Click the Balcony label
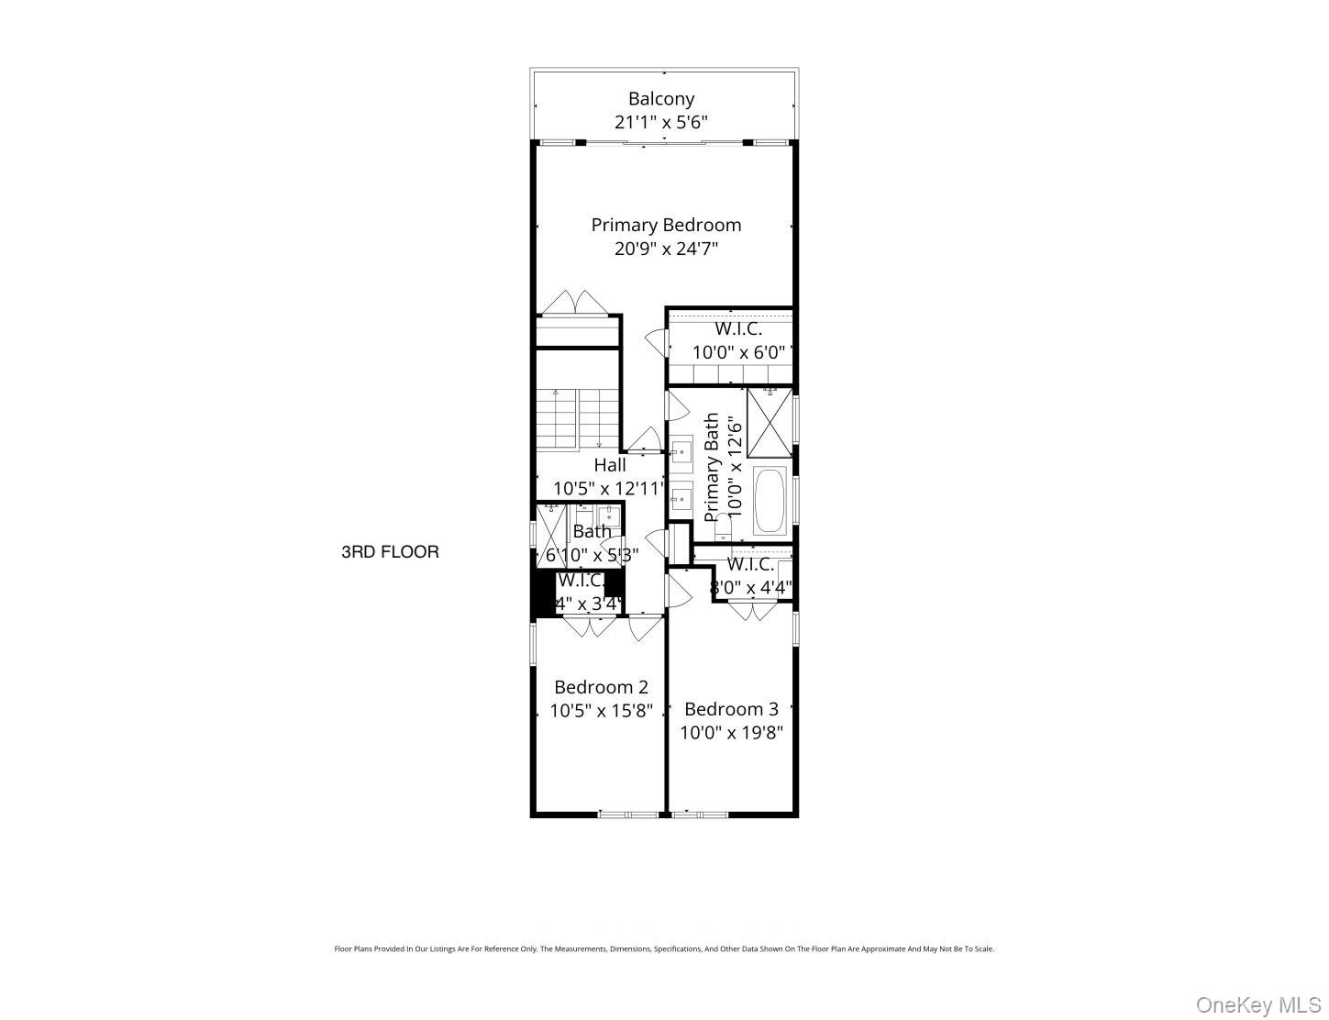(x=660, y=98)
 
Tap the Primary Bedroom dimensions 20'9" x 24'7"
(x=666, y=249)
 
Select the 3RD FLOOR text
(x=390, y=552)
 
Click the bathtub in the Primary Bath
(x=769, y=501)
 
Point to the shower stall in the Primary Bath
(x=769, y=423)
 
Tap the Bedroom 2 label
(x=601, y=687)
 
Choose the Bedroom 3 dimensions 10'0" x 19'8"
(x=731, y=733)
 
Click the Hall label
(x=610, y=465)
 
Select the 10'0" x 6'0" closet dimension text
(x=739, y=351)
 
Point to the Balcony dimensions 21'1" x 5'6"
(x=660, y=122)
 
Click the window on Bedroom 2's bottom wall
(x=628, y=814)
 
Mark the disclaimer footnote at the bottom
(x=664, y=949)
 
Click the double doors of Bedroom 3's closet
(x=751, y=610)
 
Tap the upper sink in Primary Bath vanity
(x=681, y=451)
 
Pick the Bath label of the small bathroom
(x=592, y=531)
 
